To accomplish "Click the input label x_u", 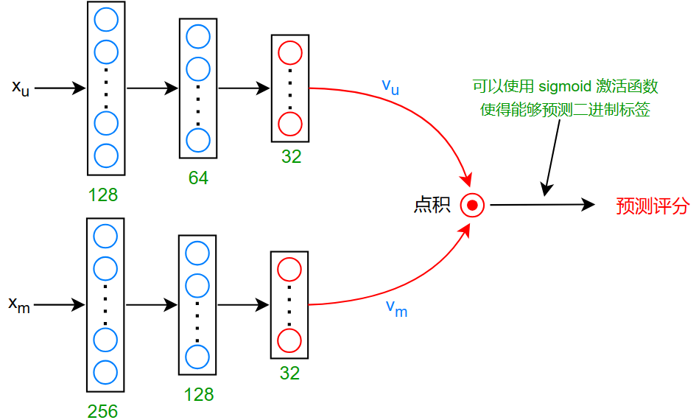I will coord(21,88).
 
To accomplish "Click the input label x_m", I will coord(19,304).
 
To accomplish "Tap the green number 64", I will coord(198,178).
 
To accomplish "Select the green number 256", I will coord(102,411).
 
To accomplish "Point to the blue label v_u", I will coord(390,86).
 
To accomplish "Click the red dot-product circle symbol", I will coord(472,205).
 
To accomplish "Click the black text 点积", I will coord(432,205).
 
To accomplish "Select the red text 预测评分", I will coord(652,206).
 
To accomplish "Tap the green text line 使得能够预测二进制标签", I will coord(565,111).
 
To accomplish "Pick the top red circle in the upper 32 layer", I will coord(290,53).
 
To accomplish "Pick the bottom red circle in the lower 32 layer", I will coord(289,341).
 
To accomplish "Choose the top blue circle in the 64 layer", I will coord(198,36).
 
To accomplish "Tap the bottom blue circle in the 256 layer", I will coord(105,371).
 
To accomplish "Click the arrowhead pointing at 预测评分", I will coord(588,205).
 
